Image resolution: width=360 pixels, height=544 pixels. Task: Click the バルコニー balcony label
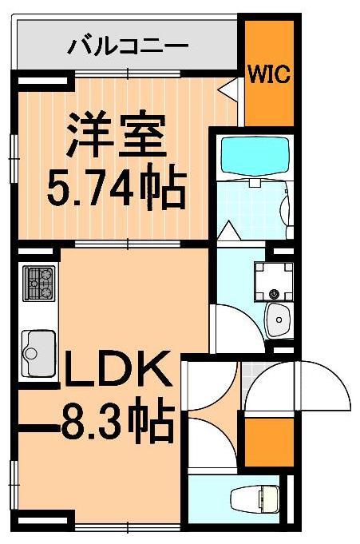pos(127,43)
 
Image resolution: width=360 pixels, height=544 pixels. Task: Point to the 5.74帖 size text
pos(115,187)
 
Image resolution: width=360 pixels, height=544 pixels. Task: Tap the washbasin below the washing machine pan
pos(279,321)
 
